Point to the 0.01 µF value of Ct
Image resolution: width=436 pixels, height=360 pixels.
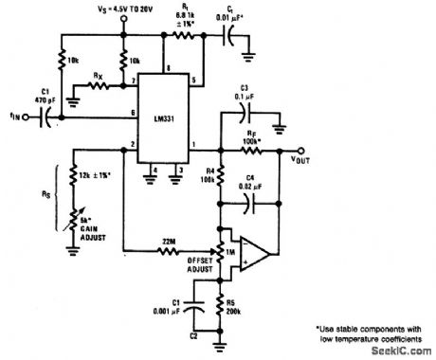[x=245, y=13]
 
